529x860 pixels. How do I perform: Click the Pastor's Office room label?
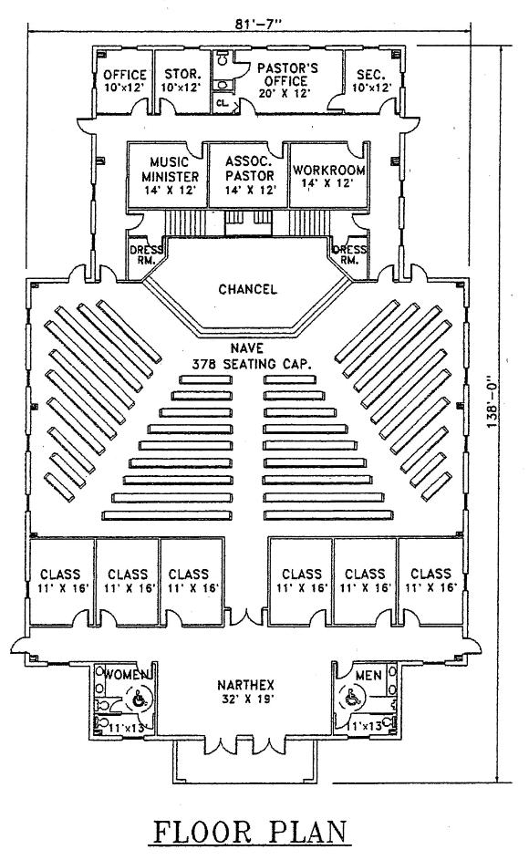coord(287,75)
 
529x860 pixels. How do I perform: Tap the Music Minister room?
coord(168,175)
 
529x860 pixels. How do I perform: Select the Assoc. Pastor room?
coord(249,175)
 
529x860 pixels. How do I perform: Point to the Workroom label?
coord(328,170)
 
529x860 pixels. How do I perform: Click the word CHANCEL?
coord(247,289)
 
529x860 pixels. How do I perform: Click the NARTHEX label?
coord(245,685)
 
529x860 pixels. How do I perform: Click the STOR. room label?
coord(182,74)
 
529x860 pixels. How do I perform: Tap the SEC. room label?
coord(371,75)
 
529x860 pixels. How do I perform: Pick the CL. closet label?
coord(222,102)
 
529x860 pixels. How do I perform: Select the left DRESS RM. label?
coord(145,254)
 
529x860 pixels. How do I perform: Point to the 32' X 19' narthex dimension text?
coord(245,699)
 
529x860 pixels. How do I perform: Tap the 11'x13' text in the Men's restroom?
coord(365,726)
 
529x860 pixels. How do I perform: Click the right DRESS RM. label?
coord(349,254)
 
